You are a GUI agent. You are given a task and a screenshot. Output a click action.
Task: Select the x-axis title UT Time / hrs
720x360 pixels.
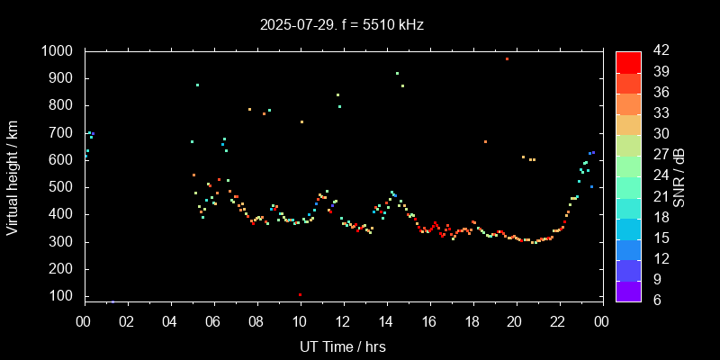343,346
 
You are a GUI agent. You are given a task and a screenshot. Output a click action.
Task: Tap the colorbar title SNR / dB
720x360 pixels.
679,176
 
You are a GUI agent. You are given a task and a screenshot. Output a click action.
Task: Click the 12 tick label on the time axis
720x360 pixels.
343,320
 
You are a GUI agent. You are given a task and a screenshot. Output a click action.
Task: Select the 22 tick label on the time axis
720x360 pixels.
559,320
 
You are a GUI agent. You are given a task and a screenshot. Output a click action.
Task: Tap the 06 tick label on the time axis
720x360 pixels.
213,320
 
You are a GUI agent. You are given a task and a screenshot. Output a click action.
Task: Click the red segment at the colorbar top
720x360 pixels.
628,61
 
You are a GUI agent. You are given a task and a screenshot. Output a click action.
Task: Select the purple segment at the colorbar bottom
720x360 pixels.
628,290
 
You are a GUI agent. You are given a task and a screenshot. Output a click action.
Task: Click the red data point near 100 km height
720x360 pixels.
300,294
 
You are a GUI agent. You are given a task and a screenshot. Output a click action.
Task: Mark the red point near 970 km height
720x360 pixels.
507,58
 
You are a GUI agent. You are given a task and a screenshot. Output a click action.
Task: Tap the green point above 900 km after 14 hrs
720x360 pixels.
397,74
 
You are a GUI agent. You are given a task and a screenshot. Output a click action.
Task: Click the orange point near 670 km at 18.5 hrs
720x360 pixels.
485,142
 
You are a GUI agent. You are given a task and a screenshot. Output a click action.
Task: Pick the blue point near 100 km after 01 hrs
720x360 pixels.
112,301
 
